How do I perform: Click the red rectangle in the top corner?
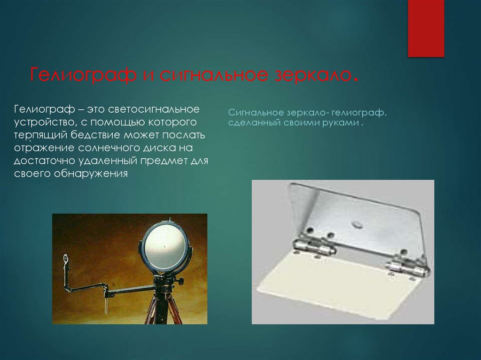tap(426, 28)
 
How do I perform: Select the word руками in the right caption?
tap(341, 124)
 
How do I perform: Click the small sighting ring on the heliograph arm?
tap(65, 258)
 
